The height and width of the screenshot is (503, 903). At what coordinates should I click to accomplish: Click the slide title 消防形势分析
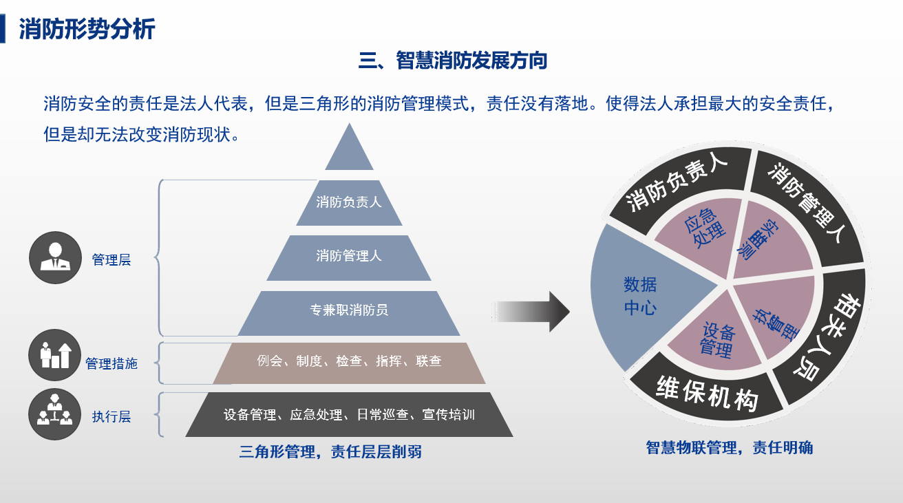click(x=87, y=29)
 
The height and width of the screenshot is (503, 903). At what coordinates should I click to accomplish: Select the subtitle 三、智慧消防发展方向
click(x=453, y=61)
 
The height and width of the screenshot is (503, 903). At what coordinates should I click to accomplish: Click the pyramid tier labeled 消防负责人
click(x=349, y=203)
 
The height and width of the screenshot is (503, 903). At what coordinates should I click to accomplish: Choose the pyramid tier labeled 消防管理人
click(x=349, y=258)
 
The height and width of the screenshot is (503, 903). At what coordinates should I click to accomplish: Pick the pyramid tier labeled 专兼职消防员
click(x=349, y=313)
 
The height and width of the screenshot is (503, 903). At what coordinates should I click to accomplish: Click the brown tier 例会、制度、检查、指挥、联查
click(x=349, y=363)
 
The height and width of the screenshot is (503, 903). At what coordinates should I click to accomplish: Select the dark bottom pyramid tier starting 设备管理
click(x=349, y=414)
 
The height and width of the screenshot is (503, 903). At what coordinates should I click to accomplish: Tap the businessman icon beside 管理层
click(x=55, y=257)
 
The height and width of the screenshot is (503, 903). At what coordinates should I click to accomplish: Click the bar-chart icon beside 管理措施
click(x=55, y=355)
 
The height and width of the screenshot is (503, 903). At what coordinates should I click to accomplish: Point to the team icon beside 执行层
click(x=55, y=414)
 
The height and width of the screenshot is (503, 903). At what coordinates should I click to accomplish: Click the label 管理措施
click(x=111, y=363)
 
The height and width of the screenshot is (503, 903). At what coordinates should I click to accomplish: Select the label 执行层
click(x=111, y=416)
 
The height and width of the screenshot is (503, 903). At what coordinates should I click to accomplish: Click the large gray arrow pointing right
click(x=531, y=312)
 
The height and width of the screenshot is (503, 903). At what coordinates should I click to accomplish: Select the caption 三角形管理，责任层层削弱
click(x=330, y=452)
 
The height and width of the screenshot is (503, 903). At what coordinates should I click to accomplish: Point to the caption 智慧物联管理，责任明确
click(x=730, y=448)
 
